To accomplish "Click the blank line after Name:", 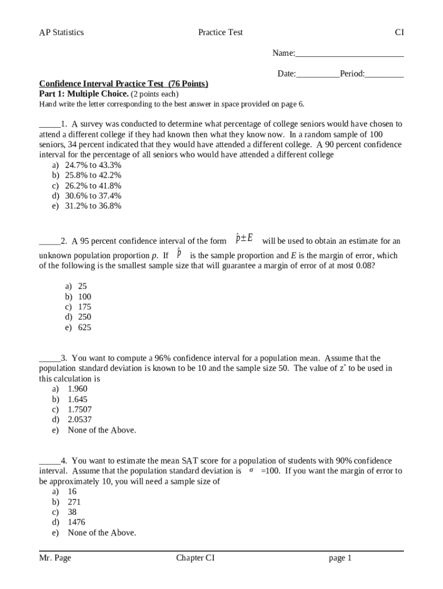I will pyautogui.click(x=349, y=54).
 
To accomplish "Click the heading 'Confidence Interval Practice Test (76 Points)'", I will pyautogui.click(x=123, y=84).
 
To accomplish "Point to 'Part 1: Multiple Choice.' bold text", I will pyautogui.click(x=84, y=94).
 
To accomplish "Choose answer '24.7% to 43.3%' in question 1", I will pyautogui.click(x=93, y=165).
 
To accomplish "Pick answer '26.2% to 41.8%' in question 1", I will pyautogui.click(x=93, y=186).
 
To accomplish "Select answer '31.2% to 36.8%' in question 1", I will pyautogui.click(x=93, y=206).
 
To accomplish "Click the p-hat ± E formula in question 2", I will pyautogui.click(x=245, y=239).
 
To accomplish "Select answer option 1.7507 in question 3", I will pyautogui.click(x=79, y=410).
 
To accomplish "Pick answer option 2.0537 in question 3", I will pyautogui.click(x=79, y=420).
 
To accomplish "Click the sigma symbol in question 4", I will pyautogui.click(x=251, y=471).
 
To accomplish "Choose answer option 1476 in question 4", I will pyautogui.click(x=77, y=522).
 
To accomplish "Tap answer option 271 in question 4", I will pyautogui.click(x=74, y=502).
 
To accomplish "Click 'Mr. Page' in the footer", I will pyautogui.click(x=55, y=558).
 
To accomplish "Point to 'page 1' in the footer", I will pyautogui.click(x=340, y=558).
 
